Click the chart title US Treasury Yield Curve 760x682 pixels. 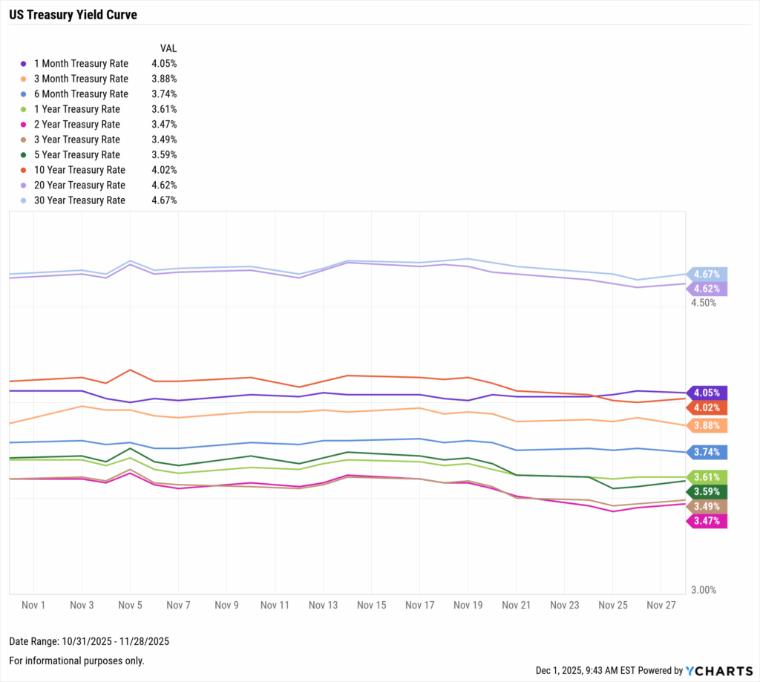[x=73, y=15]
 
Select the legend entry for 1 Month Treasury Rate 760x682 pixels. [x=80, y=64]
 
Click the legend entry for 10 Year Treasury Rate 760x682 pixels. [x=79, y=170]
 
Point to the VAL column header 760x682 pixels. [x=168, y=48]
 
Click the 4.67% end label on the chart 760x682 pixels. [x=707, y=274]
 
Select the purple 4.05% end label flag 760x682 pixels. [x=707, y=393]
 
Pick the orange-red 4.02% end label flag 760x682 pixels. [x=707, y=407]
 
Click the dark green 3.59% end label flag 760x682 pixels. [x=707, y=491]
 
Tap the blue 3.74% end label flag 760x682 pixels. [x=707, y=452]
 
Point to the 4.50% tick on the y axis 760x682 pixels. [x=704, y=303]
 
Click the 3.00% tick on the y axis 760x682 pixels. [x=704, y=590]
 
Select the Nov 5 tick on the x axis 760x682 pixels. [x=130, y=606]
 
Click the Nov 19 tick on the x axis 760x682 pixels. [x=468, y=606]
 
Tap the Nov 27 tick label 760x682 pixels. [x=661, y=606]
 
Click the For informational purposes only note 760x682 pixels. [x=76, y=660]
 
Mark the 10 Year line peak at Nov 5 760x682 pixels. [x=131, y=370]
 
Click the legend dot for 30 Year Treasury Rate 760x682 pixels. [x=24, y=200]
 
